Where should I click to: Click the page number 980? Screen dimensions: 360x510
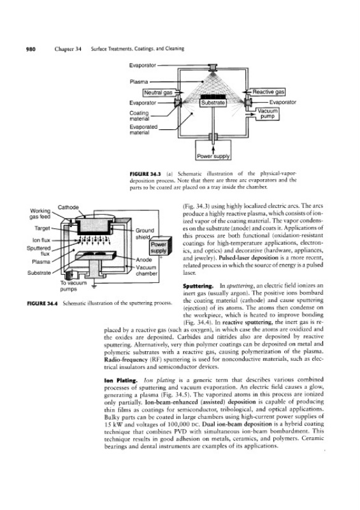[x=31, y=49]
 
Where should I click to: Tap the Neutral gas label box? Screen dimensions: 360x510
[x=159, y=92]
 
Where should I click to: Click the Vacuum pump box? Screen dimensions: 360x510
[x=268, y=114]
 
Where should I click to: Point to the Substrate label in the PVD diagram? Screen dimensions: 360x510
[x=213, y=103]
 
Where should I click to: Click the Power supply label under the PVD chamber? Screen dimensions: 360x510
[x=213, y=156]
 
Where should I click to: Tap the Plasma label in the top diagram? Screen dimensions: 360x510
[x=139, y=82]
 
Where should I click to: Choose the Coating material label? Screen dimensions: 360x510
[x=139, y=116]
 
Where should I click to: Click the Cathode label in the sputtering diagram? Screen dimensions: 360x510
[x=68, y=207]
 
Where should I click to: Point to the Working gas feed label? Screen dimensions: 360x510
[x=40, y=214]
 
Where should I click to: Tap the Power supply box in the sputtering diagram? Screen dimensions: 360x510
[x=159, y=247]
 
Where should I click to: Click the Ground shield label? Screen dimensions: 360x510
[x=145, y=233]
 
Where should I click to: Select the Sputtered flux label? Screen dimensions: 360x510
[x=39, y=251]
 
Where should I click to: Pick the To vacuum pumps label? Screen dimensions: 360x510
[x=73, y=286]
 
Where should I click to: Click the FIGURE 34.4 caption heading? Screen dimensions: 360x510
[x=42, y=303]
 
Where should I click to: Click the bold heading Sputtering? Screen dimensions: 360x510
[x=198, y=286]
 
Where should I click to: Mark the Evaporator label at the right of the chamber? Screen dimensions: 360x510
[x=283, y=102]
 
